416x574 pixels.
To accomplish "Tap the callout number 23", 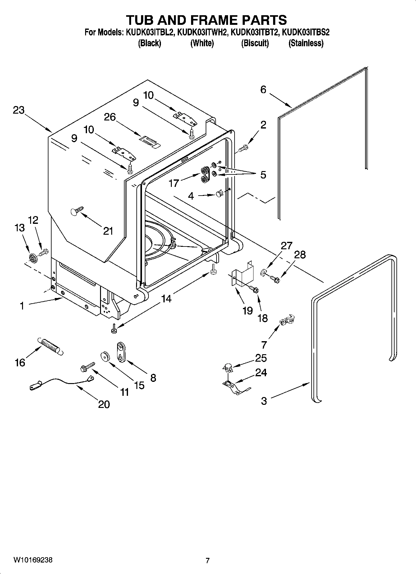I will pyautogui.click(x=19, y=110).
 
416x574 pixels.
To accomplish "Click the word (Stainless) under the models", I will pyautogui.click(x=306, y=43).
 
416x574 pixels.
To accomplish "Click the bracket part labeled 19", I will pyautogui.click(x=243, y=274).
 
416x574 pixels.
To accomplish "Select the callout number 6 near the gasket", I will pyautogui.click(x=263, y=90).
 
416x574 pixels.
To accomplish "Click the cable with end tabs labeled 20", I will pyautogui.click(x=62, y=382).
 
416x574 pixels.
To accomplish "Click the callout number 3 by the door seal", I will pyautogui.click(x=264, y=401).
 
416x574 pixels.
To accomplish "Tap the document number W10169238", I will pyautogui.click(x=33, y=560).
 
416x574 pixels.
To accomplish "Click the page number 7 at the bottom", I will pyautogui.click(x=208, y=561).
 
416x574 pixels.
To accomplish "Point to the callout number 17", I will pyautogui.click(x=174, y=183).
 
